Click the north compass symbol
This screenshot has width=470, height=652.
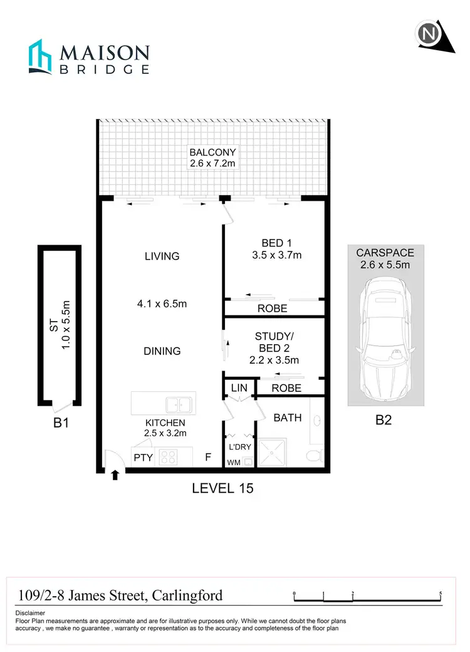pos(429,35)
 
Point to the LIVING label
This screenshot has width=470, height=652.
pos(162,256)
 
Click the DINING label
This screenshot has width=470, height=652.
pos(162,351)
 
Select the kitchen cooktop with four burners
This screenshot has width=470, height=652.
pos(168,457)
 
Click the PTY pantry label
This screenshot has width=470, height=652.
pos(144,458)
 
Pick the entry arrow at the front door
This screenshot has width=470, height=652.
pos(115,475)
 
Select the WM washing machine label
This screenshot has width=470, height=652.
pos(234,462)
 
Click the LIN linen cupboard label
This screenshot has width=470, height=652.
pos(239,388)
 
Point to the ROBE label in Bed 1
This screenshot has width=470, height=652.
pos(273,308)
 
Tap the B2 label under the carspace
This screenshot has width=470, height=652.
pos(383,421)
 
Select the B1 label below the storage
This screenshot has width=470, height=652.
pos(60,423)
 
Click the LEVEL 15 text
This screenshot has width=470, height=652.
pos(222,488)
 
